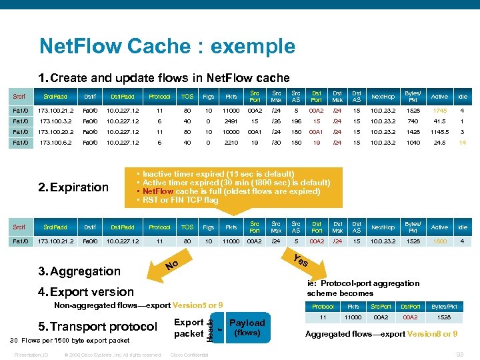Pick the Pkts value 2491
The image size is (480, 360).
coord(231,121)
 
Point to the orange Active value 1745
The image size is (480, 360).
coord(439,111)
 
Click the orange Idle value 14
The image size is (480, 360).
coord(462,143)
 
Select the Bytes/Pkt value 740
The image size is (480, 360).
coord(413,121)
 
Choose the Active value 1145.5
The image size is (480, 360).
coord(439,132)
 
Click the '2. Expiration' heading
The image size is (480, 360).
coord(73,187)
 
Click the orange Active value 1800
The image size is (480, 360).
coord(439,241)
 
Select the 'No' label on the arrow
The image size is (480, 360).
coord(172,267)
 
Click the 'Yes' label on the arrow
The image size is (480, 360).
coord(301,261)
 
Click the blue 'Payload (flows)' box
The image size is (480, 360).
coord(247,327)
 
